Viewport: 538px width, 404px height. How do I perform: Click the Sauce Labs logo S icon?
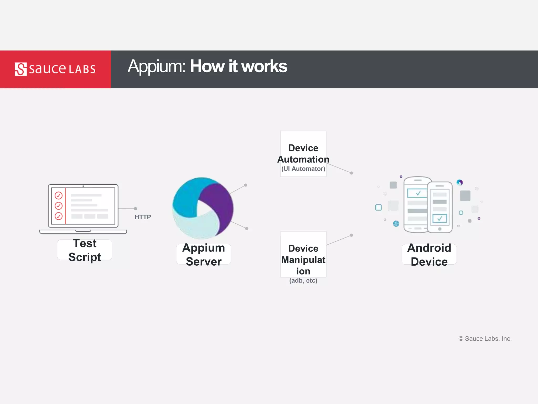pos(20,69)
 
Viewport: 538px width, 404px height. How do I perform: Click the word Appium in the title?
pos(157,66)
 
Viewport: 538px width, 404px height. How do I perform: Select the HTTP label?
pos(143,217)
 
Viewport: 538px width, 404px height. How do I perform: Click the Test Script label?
pos(85,250)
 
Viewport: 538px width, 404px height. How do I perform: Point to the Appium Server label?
pos(204,255)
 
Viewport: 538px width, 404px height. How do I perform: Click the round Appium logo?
pos(203,208)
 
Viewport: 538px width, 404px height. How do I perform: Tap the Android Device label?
pos(429,255)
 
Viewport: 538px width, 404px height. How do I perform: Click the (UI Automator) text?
pos(303,169)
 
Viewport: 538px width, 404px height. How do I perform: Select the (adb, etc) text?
pos(303,281)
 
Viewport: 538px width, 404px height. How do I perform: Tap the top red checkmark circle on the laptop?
pos(59,195)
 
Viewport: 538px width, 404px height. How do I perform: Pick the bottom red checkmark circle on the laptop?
pos(59,216)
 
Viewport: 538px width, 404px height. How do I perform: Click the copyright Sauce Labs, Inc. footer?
pos(485,339)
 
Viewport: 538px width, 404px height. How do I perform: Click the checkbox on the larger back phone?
pos(417,193)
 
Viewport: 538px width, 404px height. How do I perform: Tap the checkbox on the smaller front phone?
pos(439,218)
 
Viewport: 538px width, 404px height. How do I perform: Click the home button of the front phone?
pos(440,229)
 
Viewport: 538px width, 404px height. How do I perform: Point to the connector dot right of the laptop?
pos(136,209)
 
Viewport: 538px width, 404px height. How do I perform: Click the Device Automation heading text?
pos(303,154)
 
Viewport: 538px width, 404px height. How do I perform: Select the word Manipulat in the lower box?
pos(303,260)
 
